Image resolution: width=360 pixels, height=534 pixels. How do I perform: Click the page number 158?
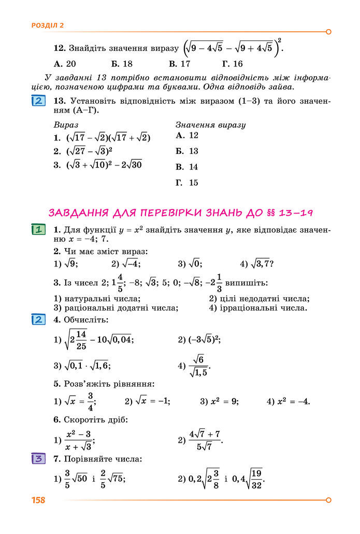(38, 500)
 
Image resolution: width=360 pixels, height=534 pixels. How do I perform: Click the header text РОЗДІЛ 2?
(48, 25)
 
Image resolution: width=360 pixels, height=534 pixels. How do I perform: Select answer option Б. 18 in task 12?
(122, 64)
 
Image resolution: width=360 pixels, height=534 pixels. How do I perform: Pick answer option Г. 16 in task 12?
(232, 64)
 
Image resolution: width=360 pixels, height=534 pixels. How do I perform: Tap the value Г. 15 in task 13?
(187, 183)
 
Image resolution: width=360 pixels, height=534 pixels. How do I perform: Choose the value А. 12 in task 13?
(187, 135)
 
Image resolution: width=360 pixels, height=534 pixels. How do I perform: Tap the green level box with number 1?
(37, 230)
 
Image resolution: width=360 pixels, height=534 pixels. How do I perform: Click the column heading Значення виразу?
(210, 125)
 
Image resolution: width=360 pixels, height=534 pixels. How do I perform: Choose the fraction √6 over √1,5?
(198, 366)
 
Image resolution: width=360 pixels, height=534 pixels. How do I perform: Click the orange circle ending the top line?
(328, 32)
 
